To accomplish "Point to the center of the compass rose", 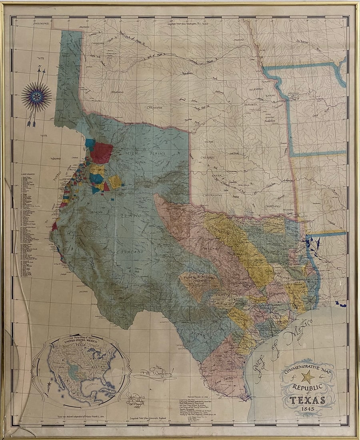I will click(36, 96).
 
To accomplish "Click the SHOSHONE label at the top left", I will click(38, 24).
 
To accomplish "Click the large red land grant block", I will click(102, 153).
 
